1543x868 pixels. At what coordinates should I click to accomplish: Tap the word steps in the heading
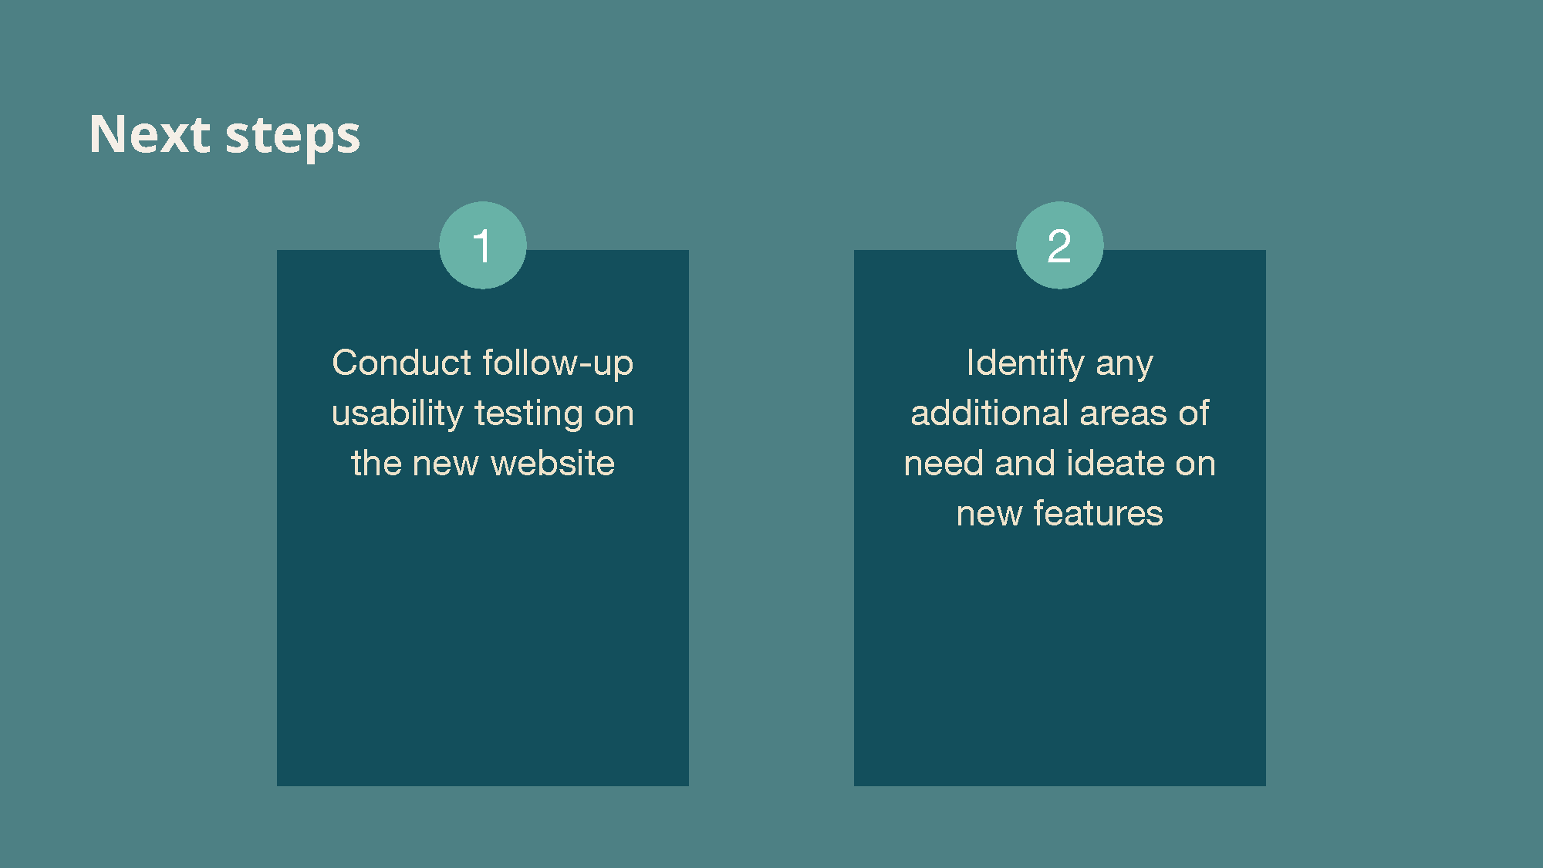pos(292,137)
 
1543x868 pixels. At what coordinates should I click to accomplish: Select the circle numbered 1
pos(483,245)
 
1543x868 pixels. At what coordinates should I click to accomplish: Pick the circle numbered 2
pos(1059,245)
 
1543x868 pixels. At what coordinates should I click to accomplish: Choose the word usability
pos(397,414)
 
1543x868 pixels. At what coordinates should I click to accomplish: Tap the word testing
pos(529,414)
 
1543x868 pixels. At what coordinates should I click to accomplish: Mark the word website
pos(552,463)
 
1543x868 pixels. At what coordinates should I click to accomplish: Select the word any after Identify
pos(1124,366)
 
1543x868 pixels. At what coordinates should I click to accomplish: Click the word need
pos(944,463)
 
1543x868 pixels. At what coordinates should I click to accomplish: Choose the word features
pos(1098,513)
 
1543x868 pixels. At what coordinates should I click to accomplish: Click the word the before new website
pos(376,463)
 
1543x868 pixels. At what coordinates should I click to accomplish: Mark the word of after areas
pos(1194,413)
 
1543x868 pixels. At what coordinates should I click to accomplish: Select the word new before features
pos(989,515)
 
